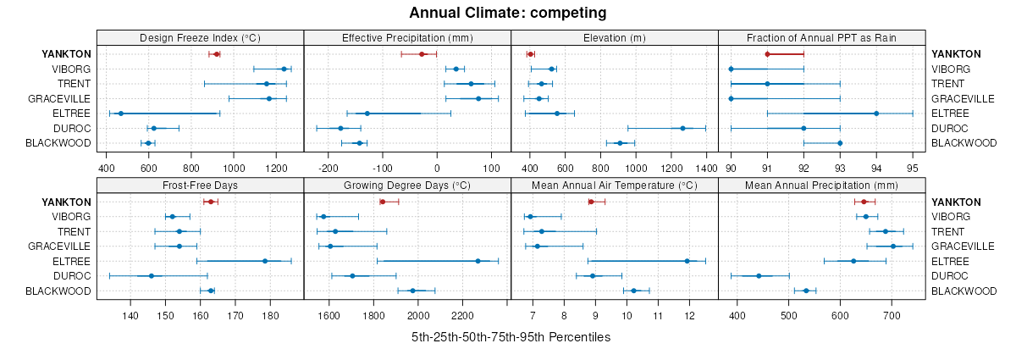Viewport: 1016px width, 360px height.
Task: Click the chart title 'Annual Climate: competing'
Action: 507,13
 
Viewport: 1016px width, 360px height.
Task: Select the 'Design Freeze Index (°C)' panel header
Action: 200,37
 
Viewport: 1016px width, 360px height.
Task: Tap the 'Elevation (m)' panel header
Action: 615,37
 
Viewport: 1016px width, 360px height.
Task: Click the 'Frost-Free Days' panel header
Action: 200,186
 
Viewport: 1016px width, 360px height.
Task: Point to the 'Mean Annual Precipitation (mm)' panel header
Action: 821,186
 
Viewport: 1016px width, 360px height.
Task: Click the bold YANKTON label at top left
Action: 66,53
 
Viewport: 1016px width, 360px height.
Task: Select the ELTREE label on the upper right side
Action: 948,114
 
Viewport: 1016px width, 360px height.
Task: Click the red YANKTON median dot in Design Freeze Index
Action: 217,54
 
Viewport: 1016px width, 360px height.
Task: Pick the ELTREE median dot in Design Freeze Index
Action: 120,114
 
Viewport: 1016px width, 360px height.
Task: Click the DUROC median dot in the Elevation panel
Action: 682,129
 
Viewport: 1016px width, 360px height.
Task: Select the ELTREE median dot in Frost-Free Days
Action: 265,261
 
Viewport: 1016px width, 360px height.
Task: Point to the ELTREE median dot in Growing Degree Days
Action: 478,261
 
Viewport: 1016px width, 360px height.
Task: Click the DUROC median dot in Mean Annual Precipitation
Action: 759,276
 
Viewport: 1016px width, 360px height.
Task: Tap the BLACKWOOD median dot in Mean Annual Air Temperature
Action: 633,291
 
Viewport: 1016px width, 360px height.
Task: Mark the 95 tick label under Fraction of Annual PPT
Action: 913,156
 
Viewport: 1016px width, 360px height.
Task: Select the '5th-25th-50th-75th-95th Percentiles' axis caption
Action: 511,337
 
